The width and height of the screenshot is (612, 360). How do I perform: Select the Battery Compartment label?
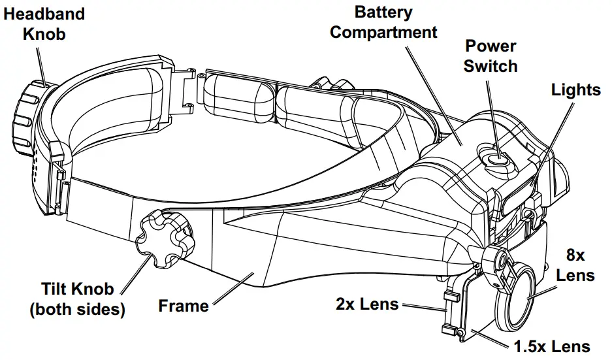(383, 22)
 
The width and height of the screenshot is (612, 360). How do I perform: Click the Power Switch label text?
(491, 56)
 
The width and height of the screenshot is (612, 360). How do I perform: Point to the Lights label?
(575, 90)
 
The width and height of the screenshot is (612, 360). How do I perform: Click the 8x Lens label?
(575, 265)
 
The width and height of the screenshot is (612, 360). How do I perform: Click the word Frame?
(184, 305)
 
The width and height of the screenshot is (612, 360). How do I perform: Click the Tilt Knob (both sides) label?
(77, 299)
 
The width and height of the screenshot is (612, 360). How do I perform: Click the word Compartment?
(383, 31)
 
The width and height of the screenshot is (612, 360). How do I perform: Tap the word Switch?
(491, 66)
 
